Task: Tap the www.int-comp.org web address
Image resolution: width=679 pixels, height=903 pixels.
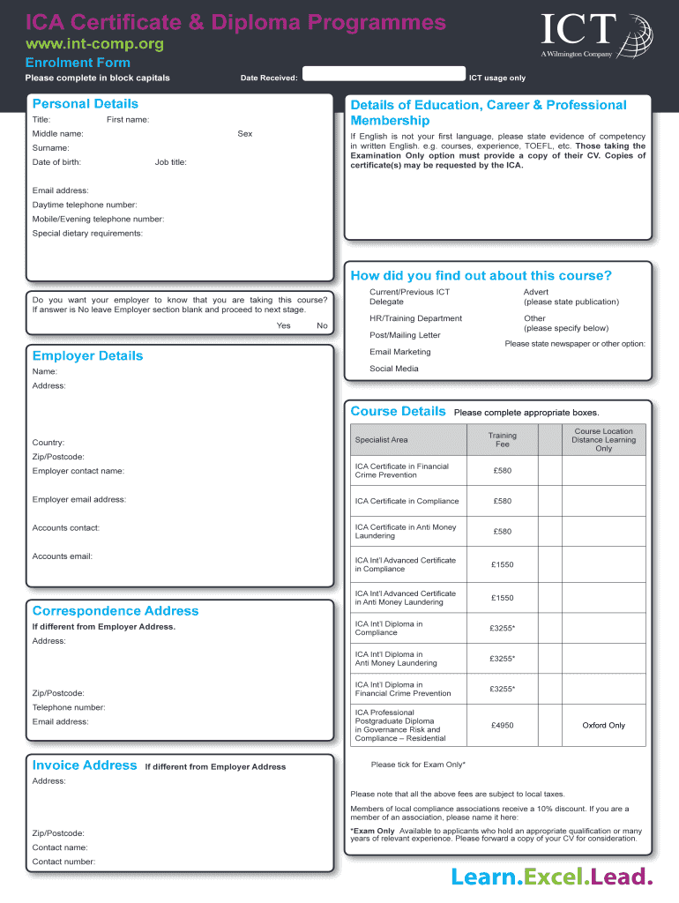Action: click(x=93, y=43)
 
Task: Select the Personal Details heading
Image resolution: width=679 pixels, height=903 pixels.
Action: click(x=85, y=104)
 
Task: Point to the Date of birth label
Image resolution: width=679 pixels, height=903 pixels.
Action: click(x=56, y=162)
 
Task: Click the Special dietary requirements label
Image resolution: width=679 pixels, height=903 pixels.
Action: click(x=87, y=234)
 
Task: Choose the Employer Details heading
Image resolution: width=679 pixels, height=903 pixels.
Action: click(x=87, y=355)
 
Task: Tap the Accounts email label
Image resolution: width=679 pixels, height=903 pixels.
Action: click(x=63, y=556)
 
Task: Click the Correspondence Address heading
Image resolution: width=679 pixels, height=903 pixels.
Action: click(x=116, y=611)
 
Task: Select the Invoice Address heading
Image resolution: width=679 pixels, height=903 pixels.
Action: click(x=85, y=765)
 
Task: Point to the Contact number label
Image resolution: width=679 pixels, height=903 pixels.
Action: click(x=63, y=862)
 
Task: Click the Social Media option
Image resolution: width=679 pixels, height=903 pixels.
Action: click(x=394, y=369)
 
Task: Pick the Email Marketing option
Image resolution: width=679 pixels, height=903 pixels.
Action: click(x=400, y=352)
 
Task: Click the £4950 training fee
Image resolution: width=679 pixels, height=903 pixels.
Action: click(x=502, y=726)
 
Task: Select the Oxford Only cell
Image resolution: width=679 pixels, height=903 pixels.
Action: click(x=603, y=726)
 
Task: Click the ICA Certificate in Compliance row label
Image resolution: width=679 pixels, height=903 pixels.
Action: click(x=407, y=501)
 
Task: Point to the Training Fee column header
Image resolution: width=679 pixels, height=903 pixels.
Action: click(x=502, y=440)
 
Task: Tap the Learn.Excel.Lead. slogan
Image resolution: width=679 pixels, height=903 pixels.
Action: click(x=552, y=877)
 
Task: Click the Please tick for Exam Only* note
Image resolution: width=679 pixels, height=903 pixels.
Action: click(x=418, y=765)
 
